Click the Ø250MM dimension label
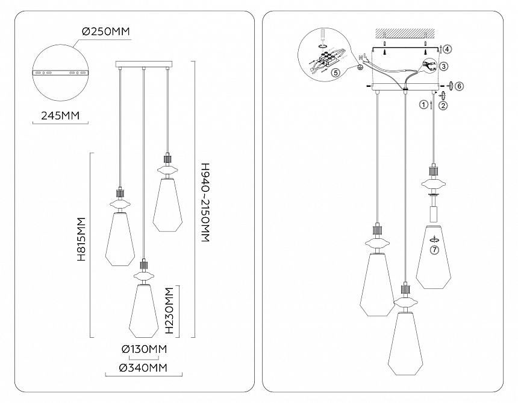tap(106, 31)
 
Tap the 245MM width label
tap(60, 115)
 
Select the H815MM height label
tap(81, 240)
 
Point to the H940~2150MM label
tap(205, 203)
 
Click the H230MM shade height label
tap(169, 311)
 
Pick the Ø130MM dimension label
tap(144, 349)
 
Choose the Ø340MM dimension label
tap(144, 367)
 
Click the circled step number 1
tap(423, 105)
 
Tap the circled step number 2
tap(443, 105)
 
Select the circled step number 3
tap(444, 66)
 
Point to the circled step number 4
tap(447, 49)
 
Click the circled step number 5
tap(335, 73)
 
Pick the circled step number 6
tap(459, 86)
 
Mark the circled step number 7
tap(434, 250)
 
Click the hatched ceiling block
tap(405, 34)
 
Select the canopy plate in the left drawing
tap(144, 63)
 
